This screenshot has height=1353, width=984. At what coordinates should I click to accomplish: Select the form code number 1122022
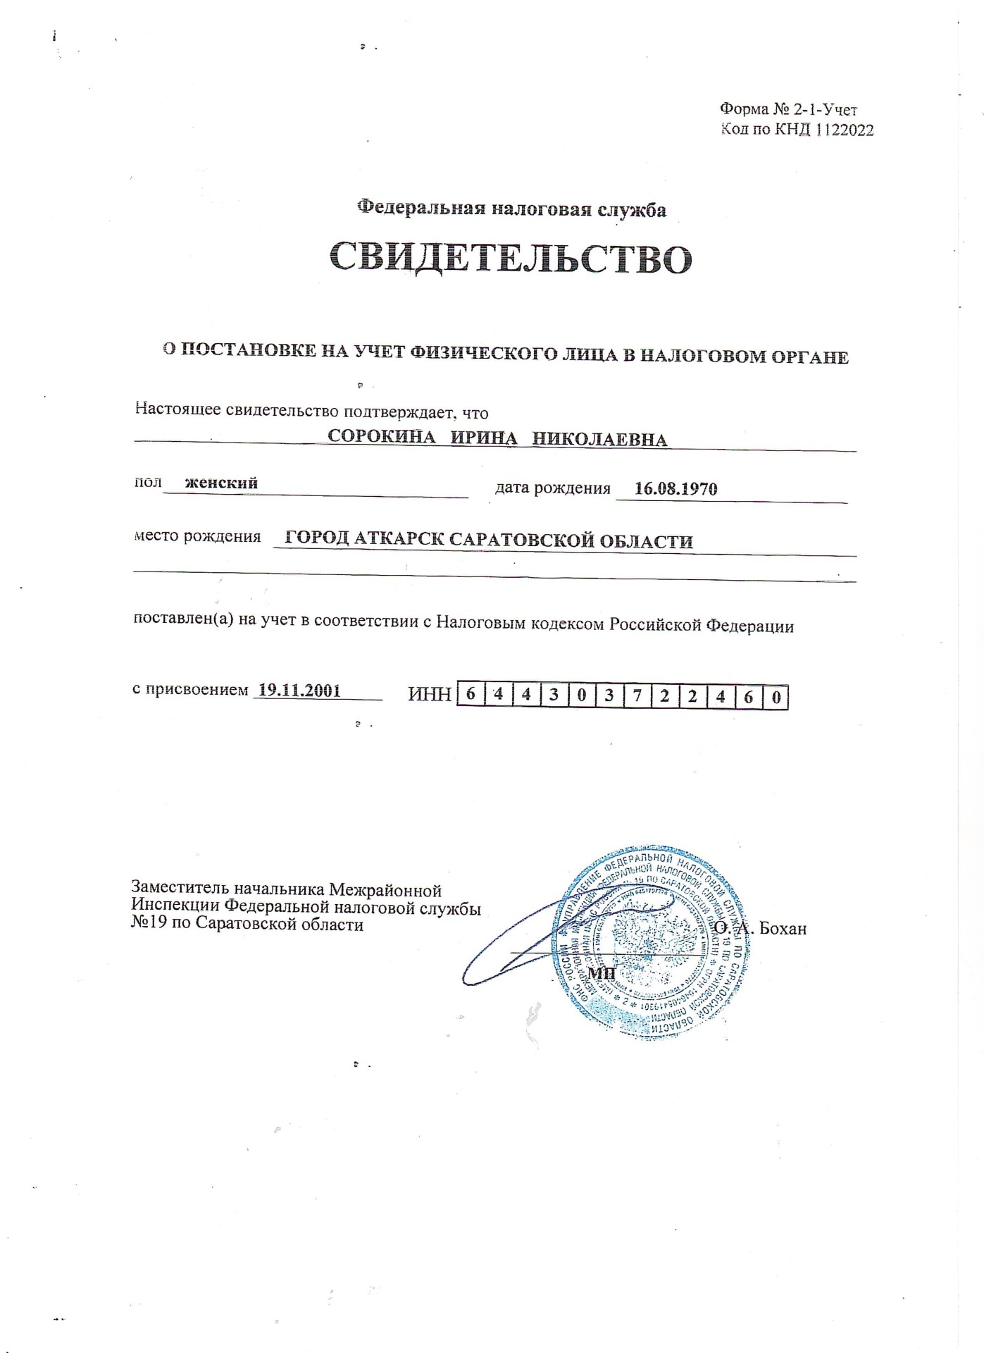[x=845, y=130]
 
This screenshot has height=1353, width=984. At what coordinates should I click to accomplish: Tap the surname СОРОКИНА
[x=382, y=437]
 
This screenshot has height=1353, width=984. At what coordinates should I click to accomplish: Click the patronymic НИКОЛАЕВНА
[x=599, y=440]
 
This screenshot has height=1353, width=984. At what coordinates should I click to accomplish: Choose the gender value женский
[x=221, y=483]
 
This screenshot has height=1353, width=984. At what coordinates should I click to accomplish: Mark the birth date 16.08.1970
[x=675, y=488]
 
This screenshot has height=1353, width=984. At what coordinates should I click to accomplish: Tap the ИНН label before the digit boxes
[x=429, y=695]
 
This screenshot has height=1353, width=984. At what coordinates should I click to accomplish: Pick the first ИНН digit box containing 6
[x=471, y=695]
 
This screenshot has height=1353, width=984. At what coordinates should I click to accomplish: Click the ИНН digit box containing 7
[x=637, y=696]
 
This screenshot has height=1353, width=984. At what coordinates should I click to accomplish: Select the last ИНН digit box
[x=776, y=698]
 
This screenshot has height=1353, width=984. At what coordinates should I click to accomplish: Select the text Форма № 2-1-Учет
[x=787, y=109]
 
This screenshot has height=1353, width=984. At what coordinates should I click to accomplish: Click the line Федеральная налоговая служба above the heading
[x=511, y=209]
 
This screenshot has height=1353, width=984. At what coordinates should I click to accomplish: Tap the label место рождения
[x=197, y=536]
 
